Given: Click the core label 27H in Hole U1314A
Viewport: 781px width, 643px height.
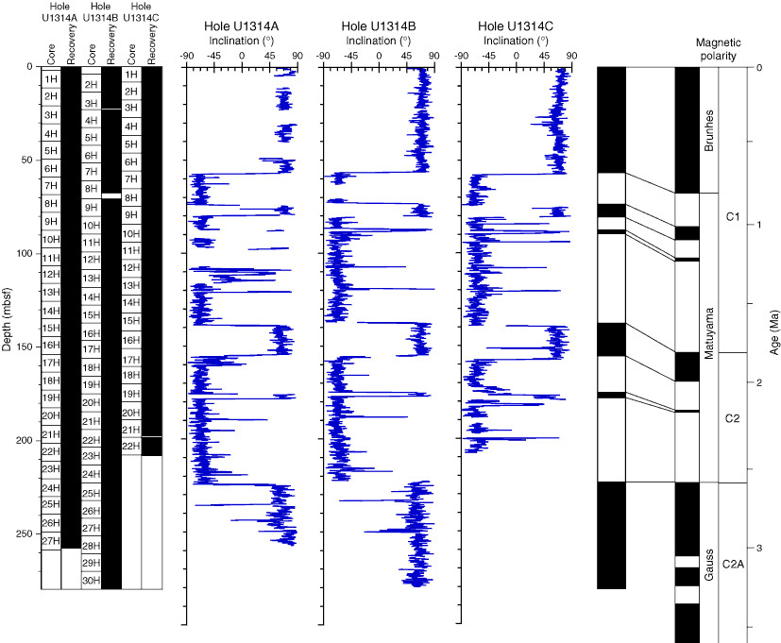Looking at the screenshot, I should (50, 540).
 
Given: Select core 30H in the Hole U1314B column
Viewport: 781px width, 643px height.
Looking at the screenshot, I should (91, 581).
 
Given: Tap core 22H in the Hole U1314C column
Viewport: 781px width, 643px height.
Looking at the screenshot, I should (131, 446).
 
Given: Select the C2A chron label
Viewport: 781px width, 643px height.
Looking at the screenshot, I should (733, 564).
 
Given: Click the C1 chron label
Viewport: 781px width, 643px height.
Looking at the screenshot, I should (733, 217).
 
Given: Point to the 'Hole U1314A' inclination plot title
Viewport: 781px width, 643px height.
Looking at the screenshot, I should (242, 26).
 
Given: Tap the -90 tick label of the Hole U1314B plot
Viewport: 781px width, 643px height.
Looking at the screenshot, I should (323, 57).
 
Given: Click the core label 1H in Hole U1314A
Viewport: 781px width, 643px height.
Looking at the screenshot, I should (50, 78).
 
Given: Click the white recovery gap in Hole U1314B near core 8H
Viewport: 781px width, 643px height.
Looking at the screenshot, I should (111, 195).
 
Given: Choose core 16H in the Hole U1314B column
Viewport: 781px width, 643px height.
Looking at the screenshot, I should (91, 333).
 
